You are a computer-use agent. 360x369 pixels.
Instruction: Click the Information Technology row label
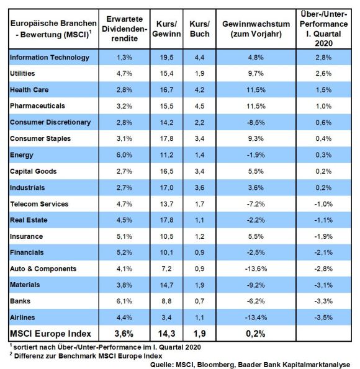point(50,58)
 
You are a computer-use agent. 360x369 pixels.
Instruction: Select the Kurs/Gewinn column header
point(166,29)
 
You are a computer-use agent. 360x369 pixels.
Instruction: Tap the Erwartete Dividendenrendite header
point(124,29)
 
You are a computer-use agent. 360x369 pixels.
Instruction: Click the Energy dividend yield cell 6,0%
point(124,155)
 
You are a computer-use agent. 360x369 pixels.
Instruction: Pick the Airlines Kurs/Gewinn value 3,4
point(166,318)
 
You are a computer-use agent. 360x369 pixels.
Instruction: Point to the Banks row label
point(20,301)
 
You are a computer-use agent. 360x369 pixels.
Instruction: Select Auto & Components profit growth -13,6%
point(256,269)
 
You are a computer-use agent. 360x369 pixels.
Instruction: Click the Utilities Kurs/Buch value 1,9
point(200,73)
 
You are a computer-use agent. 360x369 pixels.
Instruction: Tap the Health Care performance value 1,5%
point(323,90)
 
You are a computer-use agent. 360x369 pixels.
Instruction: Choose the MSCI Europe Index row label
point(50,334)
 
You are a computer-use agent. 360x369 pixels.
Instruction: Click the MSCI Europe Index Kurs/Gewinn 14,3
point(166,334)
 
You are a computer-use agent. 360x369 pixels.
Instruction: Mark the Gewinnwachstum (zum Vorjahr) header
point(256,29)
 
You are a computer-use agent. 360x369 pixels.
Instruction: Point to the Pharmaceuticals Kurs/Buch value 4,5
point(200,106)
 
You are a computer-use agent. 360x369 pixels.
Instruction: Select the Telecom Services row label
point(39,204)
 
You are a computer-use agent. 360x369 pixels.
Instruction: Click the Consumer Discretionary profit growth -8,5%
point(256,122)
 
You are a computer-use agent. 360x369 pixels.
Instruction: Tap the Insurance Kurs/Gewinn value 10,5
point(166,236)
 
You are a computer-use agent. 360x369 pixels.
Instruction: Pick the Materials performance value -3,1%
point(323,285)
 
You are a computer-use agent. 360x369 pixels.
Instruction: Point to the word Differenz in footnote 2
point(29,356)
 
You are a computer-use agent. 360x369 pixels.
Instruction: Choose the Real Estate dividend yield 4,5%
point(124,220)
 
